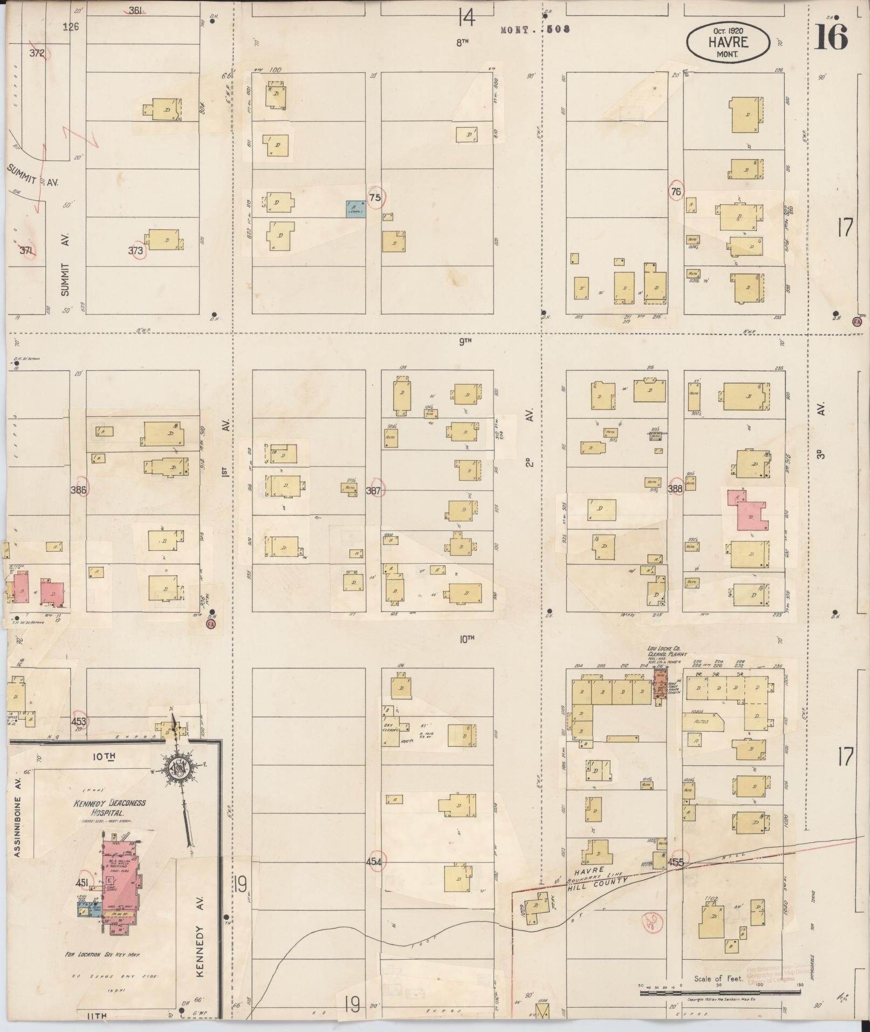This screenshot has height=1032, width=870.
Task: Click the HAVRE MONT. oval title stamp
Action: point(728,42)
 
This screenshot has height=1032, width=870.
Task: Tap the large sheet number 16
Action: point(831,36)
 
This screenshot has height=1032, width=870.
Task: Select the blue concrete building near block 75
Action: point(356,208)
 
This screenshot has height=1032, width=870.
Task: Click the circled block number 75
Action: point(375,197)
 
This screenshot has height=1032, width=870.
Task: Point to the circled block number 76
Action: point(675,191)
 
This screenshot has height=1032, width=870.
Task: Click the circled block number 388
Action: point(675,489)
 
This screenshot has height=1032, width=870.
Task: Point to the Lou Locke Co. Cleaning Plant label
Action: point(667,651)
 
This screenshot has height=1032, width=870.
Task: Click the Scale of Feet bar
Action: point(720,992)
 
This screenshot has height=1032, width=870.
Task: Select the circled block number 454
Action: point(374,862)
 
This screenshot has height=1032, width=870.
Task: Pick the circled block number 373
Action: point(136,250)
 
